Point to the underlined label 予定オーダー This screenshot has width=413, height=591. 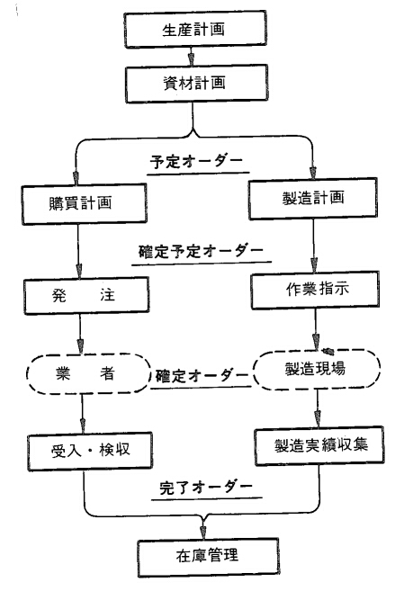tap(196, 162)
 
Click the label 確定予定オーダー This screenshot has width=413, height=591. tap(201, 251)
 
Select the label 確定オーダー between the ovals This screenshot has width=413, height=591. tap(202, 375)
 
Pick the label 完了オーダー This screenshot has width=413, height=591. tap(206, 488)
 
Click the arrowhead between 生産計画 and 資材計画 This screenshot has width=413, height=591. tap(192, 59)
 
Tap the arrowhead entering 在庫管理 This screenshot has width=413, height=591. tap(203, 533)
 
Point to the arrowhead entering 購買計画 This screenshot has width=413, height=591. tap(76, 177)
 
